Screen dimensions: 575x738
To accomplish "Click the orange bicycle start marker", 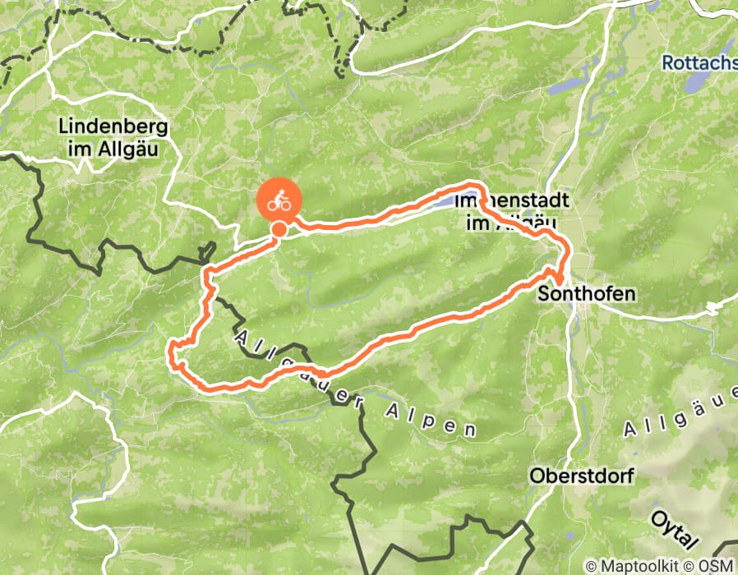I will coord(279,200).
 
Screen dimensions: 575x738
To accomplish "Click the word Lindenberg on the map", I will coord(113,126).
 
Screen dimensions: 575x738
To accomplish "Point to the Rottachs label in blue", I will coord(699,62).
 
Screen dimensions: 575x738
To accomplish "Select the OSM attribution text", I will coord(716,566).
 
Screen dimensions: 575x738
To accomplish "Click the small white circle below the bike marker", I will coord(279,230).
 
